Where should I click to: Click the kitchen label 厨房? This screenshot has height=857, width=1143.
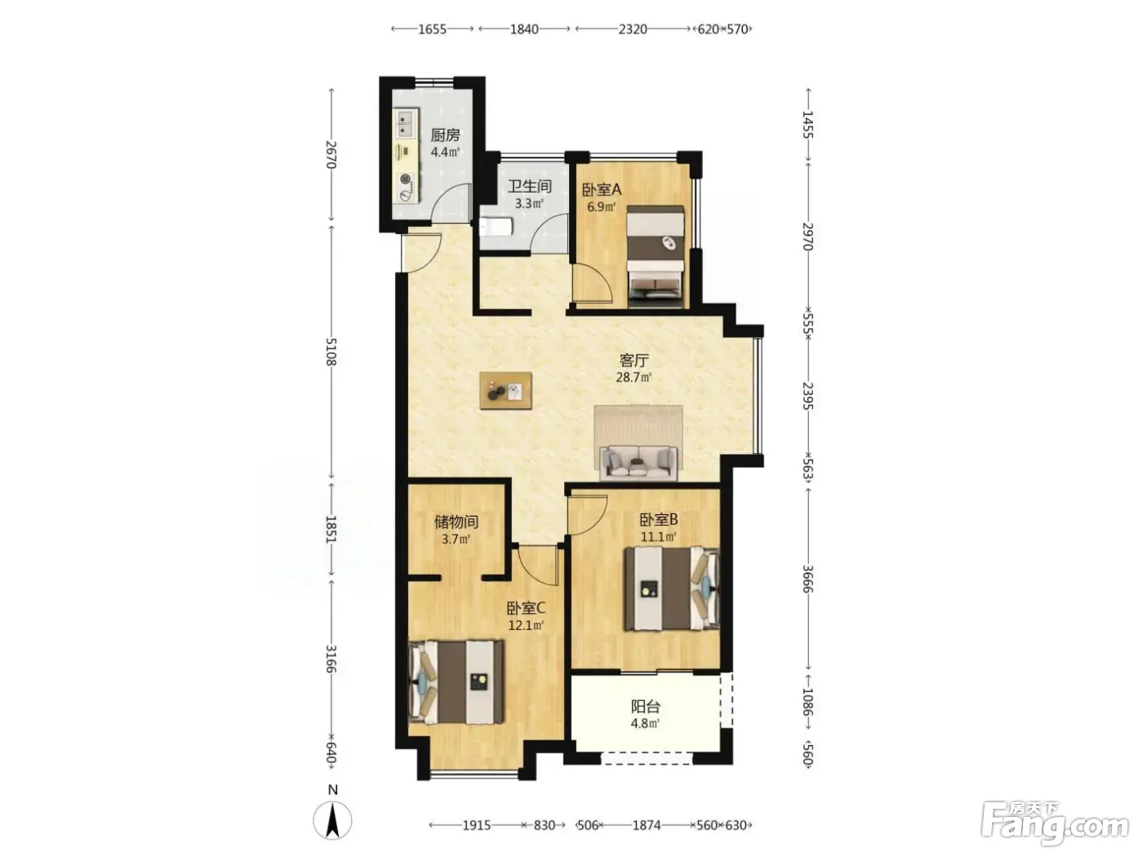(x=445, y=135)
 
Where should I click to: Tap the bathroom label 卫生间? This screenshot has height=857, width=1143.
(x=529, y=186)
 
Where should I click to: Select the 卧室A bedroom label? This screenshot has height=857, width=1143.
(x=601, y=189)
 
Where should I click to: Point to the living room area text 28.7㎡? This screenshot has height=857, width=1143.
(x=634, y=377)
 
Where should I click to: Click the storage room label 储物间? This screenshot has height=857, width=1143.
(x=456, y=522)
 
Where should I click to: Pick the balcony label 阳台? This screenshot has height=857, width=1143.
(x=645, y=706)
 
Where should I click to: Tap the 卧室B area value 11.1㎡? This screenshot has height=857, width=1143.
(x=658, y=536)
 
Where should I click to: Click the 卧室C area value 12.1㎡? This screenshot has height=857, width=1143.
(x=526, y=625)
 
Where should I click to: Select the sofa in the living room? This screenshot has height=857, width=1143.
(x=638, y=463)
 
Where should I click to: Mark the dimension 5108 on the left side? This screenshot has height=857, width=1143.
(x=331, y=352)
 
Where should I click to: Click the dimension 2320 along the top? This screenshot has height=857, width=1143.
(x=633, y=29)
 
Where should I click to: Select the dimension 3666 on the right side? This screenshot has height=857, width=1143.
(x=807, y=579)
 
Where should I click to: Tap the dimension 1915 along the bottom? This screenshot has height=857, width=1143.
(x=477, y=825)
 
